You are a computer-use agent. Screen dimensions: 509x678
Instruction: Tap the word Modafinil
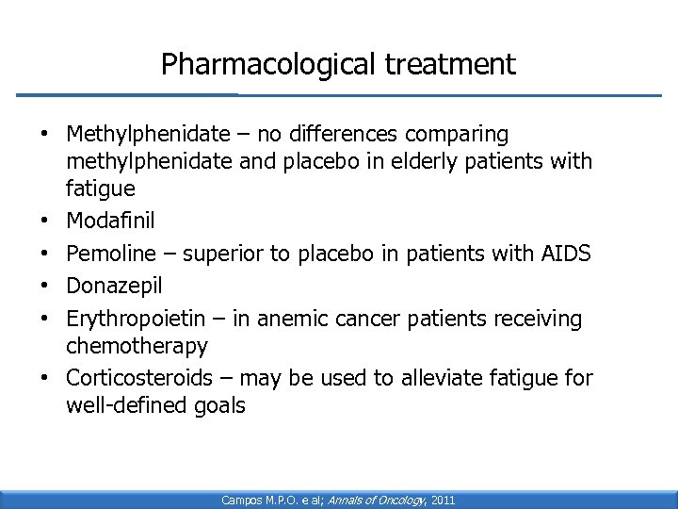tap(110, 222)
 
